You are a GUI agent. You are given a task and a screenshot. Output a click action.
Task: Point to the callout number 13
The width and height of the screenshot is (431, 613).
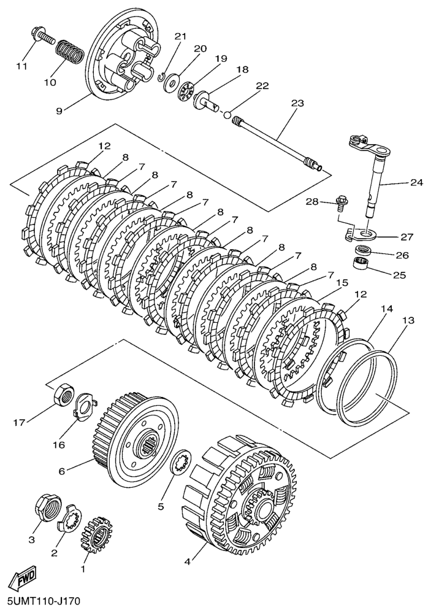tap(408, 321)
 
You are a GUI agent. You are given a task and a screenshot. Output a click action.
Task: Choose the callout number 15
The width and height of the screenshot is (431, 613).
tap(341, 283)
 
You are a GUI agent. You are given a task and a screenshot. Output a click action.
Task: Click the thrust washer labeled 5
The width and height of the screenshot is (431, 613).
tap(180, 460)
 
